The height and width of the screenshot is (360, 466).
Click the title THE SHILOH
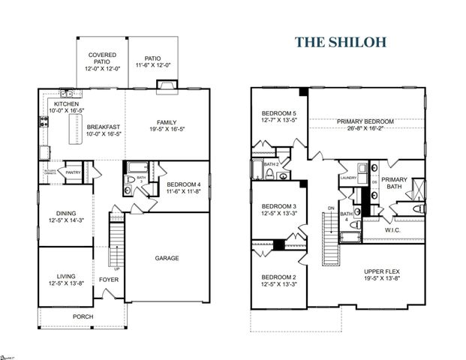(340, 41)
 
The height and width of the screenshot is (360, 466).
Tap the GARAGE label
(167, 258)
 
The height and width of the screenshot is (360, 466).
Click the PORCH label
(83, 316)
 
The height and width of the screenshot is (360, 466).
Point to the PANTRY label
(73, 172)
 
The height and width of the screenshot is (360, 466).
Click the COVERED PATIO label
(102, 59)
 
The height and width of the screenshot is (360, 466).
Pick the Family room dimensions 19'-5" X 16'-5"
(167, 129)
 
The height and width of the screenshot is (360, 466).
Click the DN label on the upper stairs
(331, 208)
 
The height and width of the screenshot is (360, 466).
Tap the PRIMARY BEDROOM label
(365, 121)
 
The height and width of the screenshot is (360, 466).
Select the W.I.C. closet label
(394, 230)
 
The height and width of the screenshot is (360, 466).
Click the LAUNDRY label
(347, 178)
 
